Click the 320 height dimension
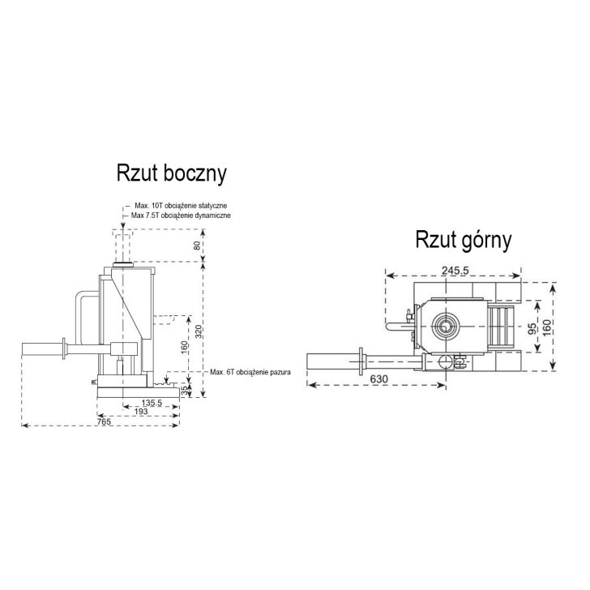pyautogui.click(x=198, y=331)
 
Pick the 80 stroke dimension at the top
pyautogui.click(x=198, y=244)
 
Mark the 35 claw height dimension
pyautogui.click(x=185, y=391)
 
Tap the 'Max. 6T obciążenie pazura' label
pyautogui.click(x=250, y=372)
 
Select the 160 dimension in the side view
pyautogui.click(x=186, y=346)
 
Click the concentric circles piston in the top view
pyautogui.click(x=446, y=327)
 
